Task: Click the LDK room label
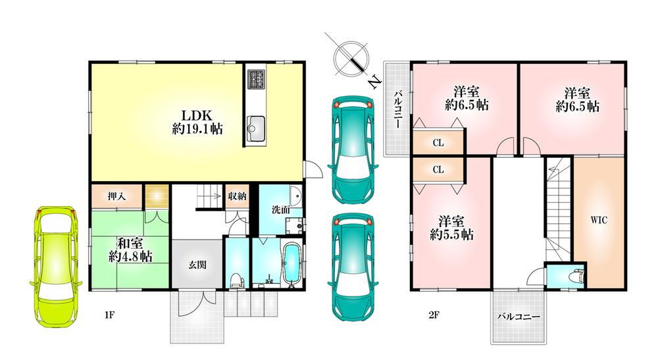197,122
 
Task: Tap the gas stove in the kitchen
256,79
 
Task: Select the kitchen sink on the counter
255,126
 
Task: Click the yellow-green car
56,267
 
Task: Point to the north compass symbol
351,58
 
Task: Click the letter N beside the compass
374,82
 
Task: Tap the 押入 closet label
116,195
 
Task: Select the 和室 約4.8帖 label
130,249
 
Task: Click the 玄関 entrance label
197,265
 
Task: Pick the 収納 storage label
237,195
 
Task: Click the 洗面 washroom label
281,209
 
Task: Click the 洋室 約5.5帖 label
451,228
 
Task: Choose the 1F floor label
109,315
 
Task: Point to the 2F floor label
434,315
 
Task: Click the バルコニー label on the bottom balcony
519,317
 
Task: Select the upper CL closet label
438,143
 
